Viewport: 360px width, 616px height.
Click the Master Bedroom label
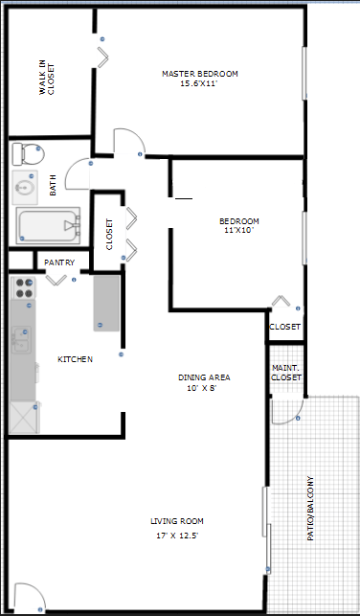click(199, 79)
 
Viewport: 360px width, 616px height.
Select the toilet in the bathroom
click(27, 153)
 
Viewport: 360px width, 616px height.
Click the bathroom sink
click(26, 188)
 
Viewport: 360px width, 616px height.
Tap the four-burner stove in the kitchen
click(22, 288)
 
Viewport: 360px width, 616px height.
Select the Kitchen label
click(75, 359)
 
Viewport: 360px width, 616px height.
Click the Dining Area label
click(204, 382)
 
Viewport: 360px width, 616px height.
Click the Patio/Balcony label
click(310, 509)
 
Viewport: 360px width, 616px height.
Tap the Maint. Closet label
click(286, 373)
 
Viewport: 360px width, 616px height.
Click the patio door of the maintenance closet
click(285, 409)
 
